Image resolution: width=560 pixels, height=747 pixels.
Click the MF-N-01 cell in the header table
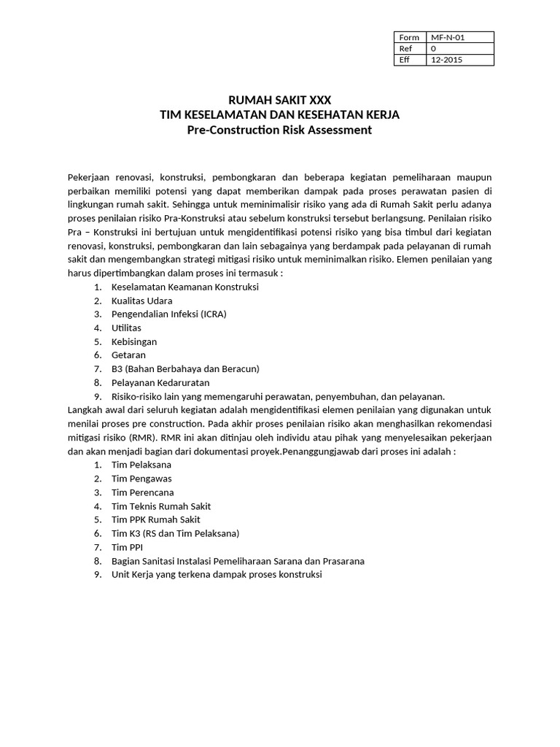(x=459, y=37)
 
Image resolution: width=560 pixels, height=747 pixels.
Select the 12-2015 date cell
(x=459, y=60)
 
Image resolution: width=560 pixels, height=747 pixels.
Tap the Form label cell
(x=409, y=37)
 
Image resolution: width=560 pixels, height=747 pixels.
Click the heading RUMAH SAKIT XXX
(x=279, y=100)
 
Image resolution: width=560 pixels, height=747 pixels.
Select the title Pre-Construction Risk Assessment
(x=279, y=130)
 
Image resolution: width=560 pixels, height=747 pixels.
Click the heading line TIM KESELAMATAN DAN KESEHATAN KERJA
(x=279, y=115)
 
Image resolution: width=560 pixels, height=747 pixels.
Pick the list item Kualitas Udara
(x=141, y=301)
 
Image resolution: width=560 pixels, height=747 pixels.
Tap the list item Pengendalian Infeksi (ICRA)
(x=168, y=314)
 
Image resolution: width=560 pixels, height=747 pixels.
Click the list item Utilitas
(x=126, y=328)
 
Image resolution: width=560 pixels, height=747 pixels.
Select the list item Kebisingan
(x=133, y=341)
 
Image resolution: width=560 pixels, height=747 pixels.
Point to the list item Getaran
(x=128, y=355)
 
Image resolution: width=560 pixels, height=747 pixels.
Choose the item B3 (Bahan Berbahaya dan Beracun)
(x=185, y=369)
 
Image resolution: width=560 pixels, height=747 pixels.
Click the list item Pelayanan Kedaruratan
(x=160, y=382)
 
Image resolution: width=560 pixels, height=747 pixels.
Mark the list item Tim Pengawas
(x=141, y=479)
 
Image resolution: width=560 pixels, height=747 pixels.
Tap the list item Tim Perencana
(x=142, y=492)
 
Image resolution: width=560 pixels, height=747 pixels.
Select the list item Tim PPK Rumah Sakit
(x=155, y=519)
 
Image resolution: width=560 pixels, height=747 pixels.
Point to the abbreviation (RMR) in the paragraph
(x=143, y=438)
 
